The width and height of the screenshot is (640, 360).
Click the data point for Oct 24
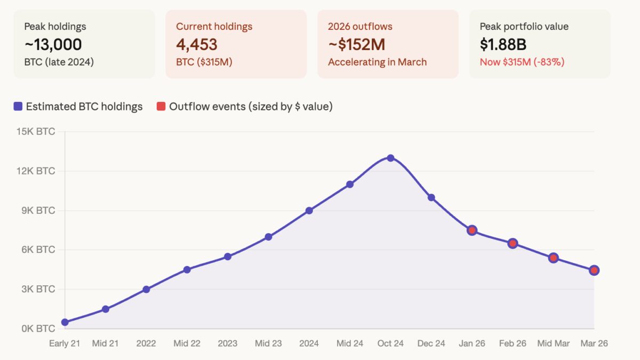[x=390, y=158]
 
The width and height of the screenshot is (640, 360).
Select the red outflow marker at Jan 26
[x=472, y=230]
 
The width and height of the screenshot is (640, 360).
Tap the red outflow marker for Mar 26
[x=594, y=270]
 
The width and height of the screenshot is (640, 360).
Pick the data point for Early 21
[x=65, y=322]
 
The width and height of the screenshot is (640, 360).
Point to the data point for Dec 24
[x=431, y=197]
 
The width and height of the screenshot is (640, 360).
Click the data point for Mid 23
[x=268, y=237]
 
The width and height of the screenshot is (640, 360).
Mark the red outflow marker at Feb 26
[x=513, y=243]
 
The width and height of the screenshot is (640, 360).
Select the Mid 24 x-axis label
[x=350, y=343]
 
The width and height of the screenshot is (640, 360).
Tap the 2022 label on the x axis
[x=146, y=343]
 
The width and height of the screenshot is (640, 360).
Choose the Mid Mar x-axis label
[x=553, y=343]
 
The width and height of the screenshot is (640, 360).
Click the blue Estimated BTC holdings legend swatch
[x=18, y=107]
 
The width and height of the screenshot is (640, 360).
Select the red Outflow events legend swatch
[x=161, y=107]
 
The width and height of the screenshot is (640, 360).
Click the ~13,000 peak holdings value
[x=53, y=44]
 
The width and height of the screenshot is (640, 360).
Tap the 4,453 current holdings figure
[x=197, y=44]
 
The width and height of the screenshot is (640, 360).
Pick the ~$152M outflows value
[x=356, y=44]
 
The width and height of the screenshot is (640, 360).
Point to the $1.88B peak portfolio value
[x=503, y=44]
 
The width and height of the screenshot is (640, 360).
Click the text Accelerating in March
[x=377, y=62]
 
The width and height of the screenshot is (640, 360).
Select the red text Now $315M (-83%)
[x=522, y=62]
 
